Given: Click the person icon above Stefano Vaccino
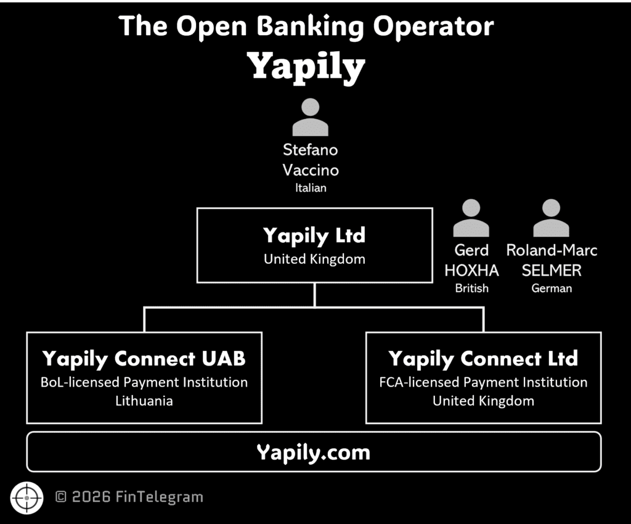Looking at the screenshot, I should [x=310, y=117].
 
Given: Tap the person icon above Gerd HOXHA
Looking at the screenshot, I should [x=471, y=218].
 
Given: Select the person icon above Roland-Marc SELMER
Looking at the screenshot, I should [x=551, y=218].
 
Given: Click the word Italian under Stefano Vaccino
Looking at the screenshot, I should [x=311, y=188].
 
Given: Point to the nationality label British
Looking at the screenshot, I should [x=471, y=288].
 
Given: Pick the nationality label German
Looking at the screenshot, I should [x=552, y=288].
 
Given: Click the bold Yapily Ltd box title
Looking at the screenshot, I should [x=314, y=235].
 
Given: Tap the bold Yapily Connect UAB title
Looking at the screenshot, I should [x=144, y=358].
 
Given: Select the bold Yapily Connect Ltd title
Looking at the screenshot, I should [x=483, y=358].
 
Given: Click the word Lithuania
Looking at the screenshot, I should [x=144, y=401].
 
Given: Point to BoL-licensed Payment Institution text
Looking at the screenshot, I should [x=144, y=382].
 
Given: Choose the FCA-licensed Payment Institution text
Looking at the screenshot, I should [x=483, y=382].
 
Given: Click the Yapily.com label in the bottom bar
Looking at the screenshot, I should [x=314, y=452].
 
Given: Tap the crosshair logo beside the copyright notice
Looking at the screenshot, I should [x=27, y=497].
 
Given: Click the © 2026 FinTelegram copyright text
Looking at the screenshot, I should [x=129, y=497].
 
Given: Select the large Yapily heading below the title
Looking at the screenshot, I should [x=306, y=67].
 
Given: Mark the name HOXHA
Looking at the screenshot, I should [x=471, y=270].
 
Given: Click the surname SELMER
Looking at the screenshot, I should [x=552, y=270].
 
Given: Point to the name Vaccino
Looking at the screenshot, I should [x=311, y=170].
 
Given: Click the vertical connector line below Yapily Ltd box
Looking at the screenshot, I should [x=314, y=295].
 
